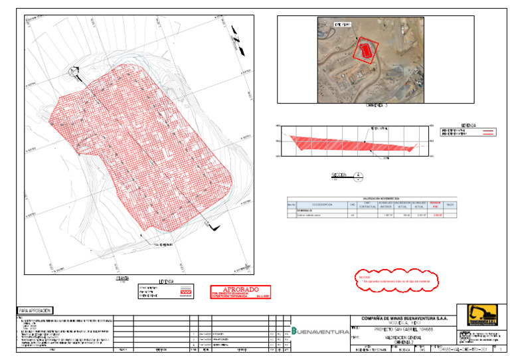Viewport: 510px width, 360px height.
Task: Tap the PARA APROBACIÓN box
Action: (33, 310)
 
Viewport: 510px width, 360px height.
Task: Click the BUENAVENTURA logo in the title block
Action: (321, 330)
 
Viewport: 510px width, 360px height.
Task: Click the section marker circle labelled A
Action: (359, 177)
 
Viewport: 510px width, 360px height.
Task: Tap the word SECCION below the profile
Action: (339, 175)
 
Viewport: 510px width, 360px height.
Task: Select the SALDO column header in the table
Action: (450, 205)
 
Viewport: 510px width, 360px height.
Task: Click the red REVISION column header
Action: (436, 204)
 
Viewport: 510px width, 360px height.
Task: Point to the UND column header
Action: (352, 205)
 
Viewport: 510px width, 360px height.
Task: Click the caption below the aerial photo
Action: (377, 104)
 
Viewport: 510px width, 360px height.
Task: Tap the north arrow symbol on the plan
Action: (77, 74)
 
